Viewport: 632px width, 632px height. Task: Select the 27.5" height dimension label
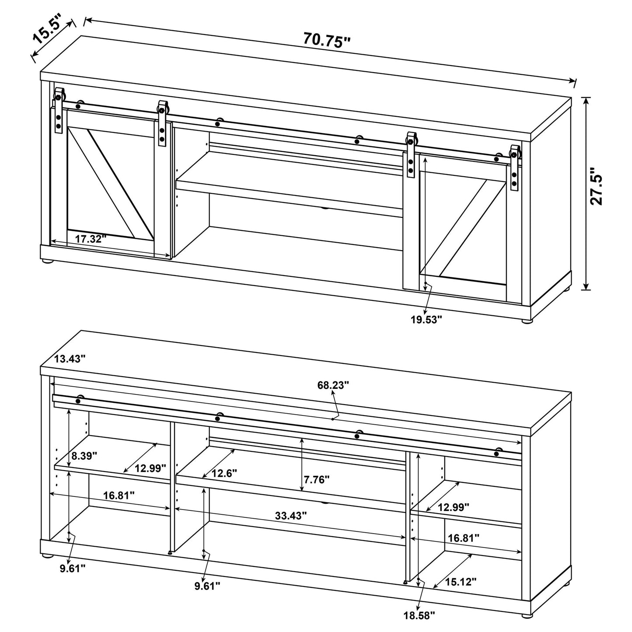(x=596, y=186)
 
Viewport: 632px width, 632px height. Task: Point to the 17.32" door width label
(x=91, y=239)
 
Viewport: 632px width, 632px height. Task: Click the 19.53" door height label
(x=426, y=319)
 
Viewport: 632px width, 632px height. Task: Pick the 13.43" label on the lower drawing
(x=70, y=359)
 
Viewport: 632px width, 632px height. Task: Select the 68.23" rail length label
(x=333, y=385)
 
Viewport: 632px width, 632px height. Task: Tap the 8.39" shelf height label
(x=84, y=455)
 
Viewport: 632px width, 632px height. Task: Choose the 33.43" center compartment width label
(x=291, y=515)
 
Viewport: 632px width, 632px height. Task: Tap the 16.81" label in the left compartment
(x=119, y=495)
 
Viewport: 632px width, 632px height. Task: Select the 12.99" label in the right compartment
(x=454, y=507)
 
